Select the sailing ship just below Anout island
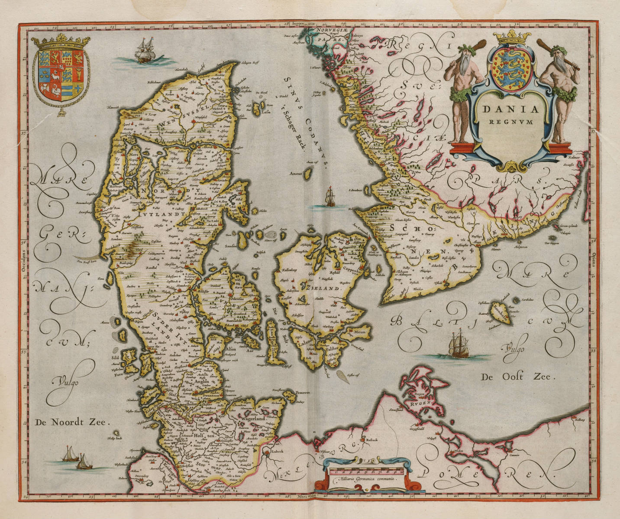click(330, 197)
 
